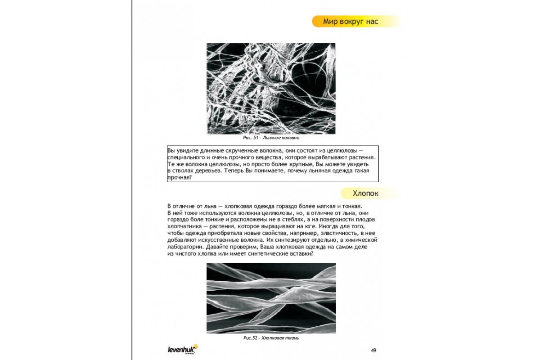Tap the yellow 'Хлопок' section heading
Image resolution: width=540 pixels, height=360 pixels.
(365, 193)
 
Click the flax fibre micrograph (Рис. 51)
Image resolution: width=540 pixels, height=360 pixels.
(271, 89)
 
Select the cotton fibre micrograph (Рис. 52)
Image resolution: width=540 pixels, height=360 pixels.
(271, 298)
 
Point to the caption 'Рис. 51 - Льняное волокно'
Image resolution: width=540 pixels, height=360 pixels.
(271, 138)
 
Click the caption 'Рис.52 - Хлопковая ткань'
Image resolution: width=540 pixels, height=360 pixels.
(271, 337)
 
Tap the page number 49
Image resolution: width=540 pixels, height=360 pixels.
(373, 350)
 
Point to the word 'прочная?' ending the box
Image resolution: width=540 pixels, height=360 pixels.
(180, 178)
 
